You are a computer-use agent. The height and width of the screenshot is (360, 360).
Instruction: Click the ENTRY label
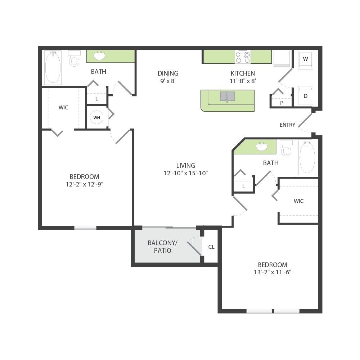click(287, 125)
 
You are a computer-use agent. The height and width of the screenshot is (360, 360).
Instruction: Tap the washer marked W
click(305, 59)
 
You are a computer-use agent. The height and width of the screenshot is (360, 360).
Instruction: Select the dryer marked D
click(305, 96)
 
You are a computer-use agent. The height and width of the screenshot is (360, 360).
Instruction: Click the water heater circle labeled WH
click(97, 118)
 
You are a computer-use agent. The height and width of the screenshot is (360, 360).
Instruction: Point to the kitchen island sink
click(227, 96)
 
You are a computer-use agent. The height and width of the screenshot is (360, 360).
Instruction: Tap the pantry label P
click(282, 103)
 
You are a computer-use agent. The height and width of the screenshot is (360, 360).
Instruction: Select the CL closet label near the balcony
click(211, 247)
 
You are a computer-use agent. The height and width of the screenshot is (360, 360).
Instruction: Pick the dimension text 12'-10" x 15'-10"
click(186, 173)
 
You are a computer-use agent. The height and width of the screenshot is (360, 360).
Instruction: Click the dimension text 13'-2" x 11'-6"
click(272, 272)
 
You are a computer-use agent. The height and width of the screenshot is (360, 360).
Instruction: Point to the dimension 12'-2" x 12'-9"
click(84, 184)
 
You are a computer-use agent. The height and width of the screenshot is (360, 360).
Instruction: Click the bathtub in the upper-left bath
click(53, 68)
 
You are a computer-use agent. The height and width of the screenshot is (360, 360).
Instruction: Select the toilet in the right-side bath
click(286, 148)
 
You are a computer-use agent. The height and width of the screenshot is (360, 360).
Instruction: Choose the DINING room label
click(168, 73)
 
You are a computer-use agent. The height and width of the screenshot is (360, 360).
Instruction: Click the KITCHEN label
click(242, 73)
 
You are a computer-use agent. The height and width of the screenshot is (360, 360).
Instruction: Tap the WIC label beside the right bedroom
click(298, 201)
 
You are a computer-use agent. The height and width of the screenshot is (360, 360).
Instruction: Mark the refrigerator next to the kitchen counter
click(282, 59)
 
